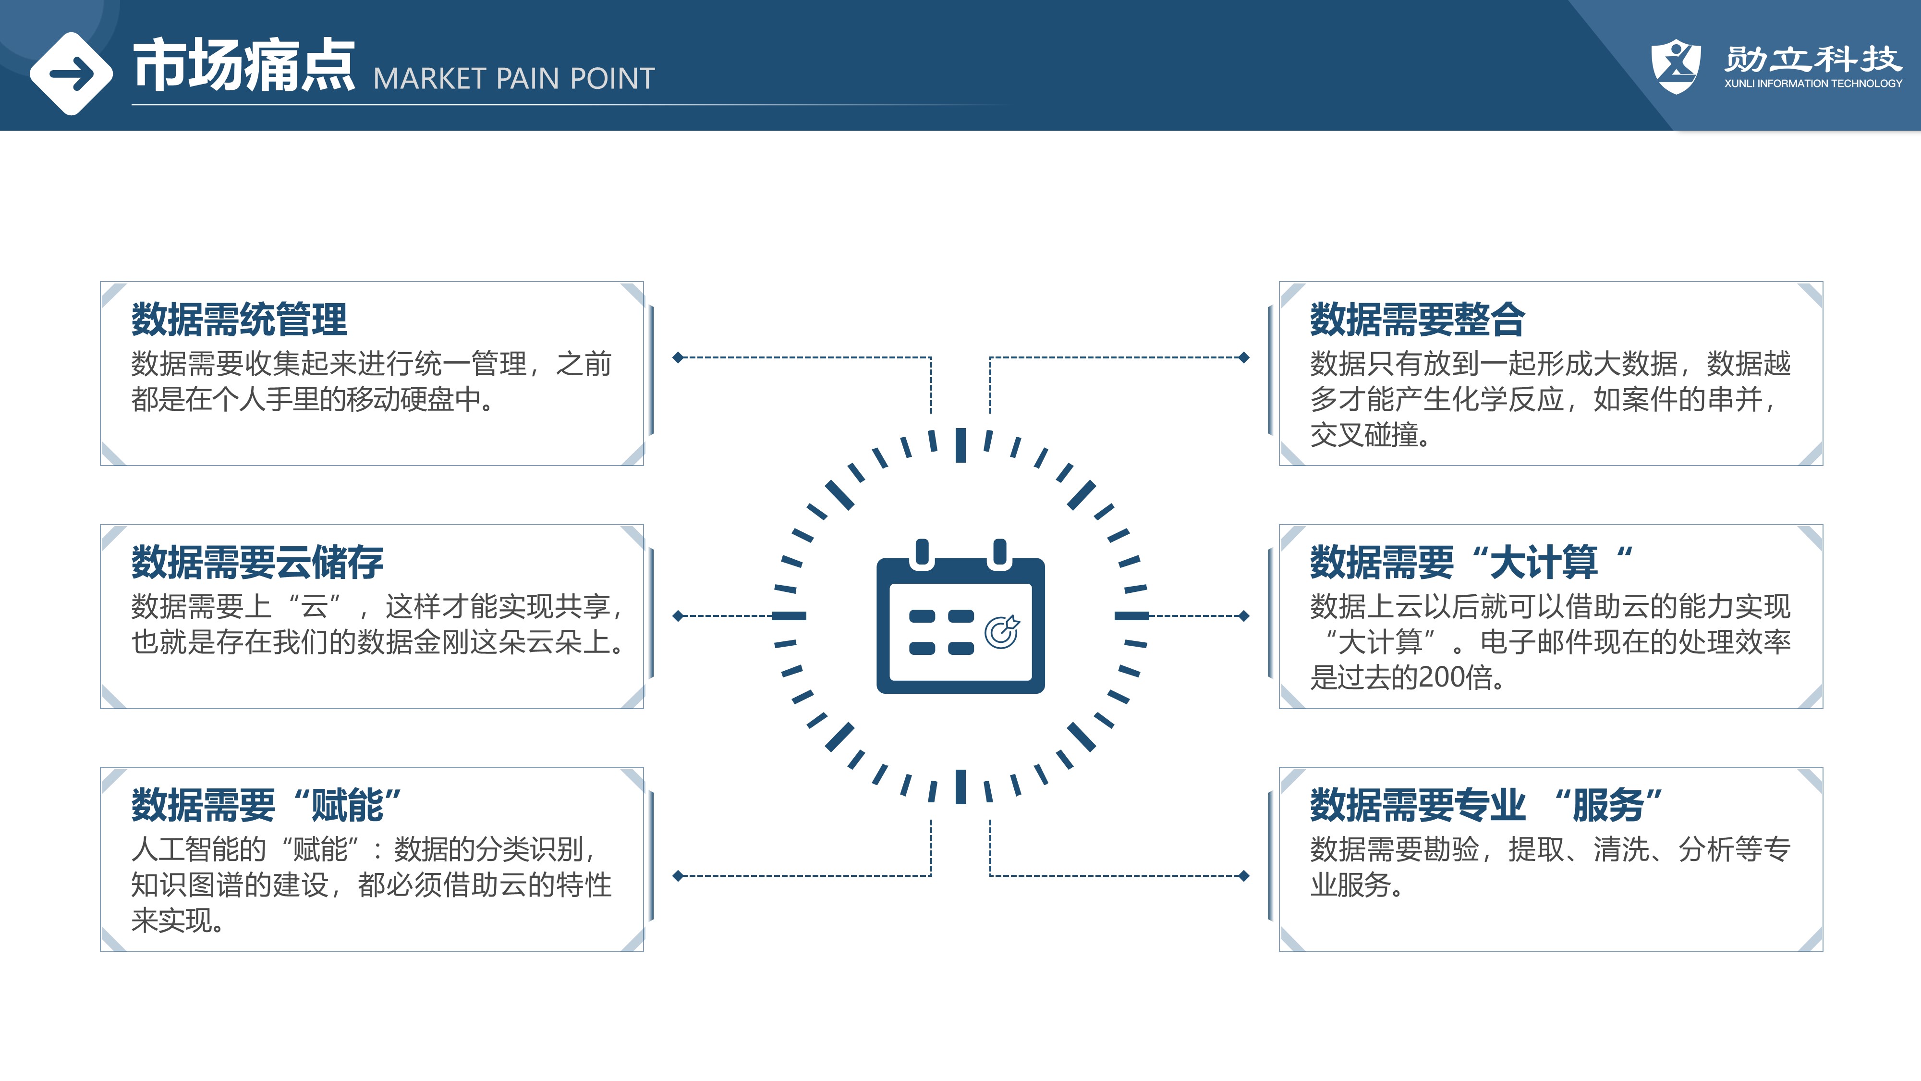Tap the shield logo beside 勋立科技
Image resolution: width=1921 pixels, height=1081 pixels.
[1677, 66]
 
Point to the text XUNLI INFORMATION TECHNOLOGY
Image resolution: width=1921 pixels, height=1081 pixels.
[1813, 84]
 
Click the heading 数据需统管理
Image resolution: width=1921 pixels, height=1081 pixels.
[239, 319]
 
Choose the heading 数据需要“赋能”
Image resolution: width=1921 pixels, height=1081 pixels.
[266, 804]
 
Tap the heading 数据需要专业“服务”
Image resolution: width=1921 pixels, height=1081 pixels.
[1486, 804]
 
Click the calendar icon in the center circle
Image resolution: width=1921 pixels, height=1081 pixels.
[960, 616]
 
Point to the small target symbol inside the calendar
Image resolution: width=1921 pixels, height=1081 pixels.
[1001, 632]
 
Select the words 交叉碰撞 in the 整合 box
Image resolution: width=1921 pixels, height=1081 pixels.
[1364, 434]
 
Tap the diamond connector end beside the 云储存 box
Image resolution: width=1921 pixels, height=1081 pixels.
[678, 616]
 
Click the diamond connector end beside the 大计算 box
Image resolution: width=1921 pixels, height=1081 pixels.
[1243, 616]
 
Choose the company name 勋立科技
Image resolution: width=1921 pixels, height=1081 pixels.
[1813, 58]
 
